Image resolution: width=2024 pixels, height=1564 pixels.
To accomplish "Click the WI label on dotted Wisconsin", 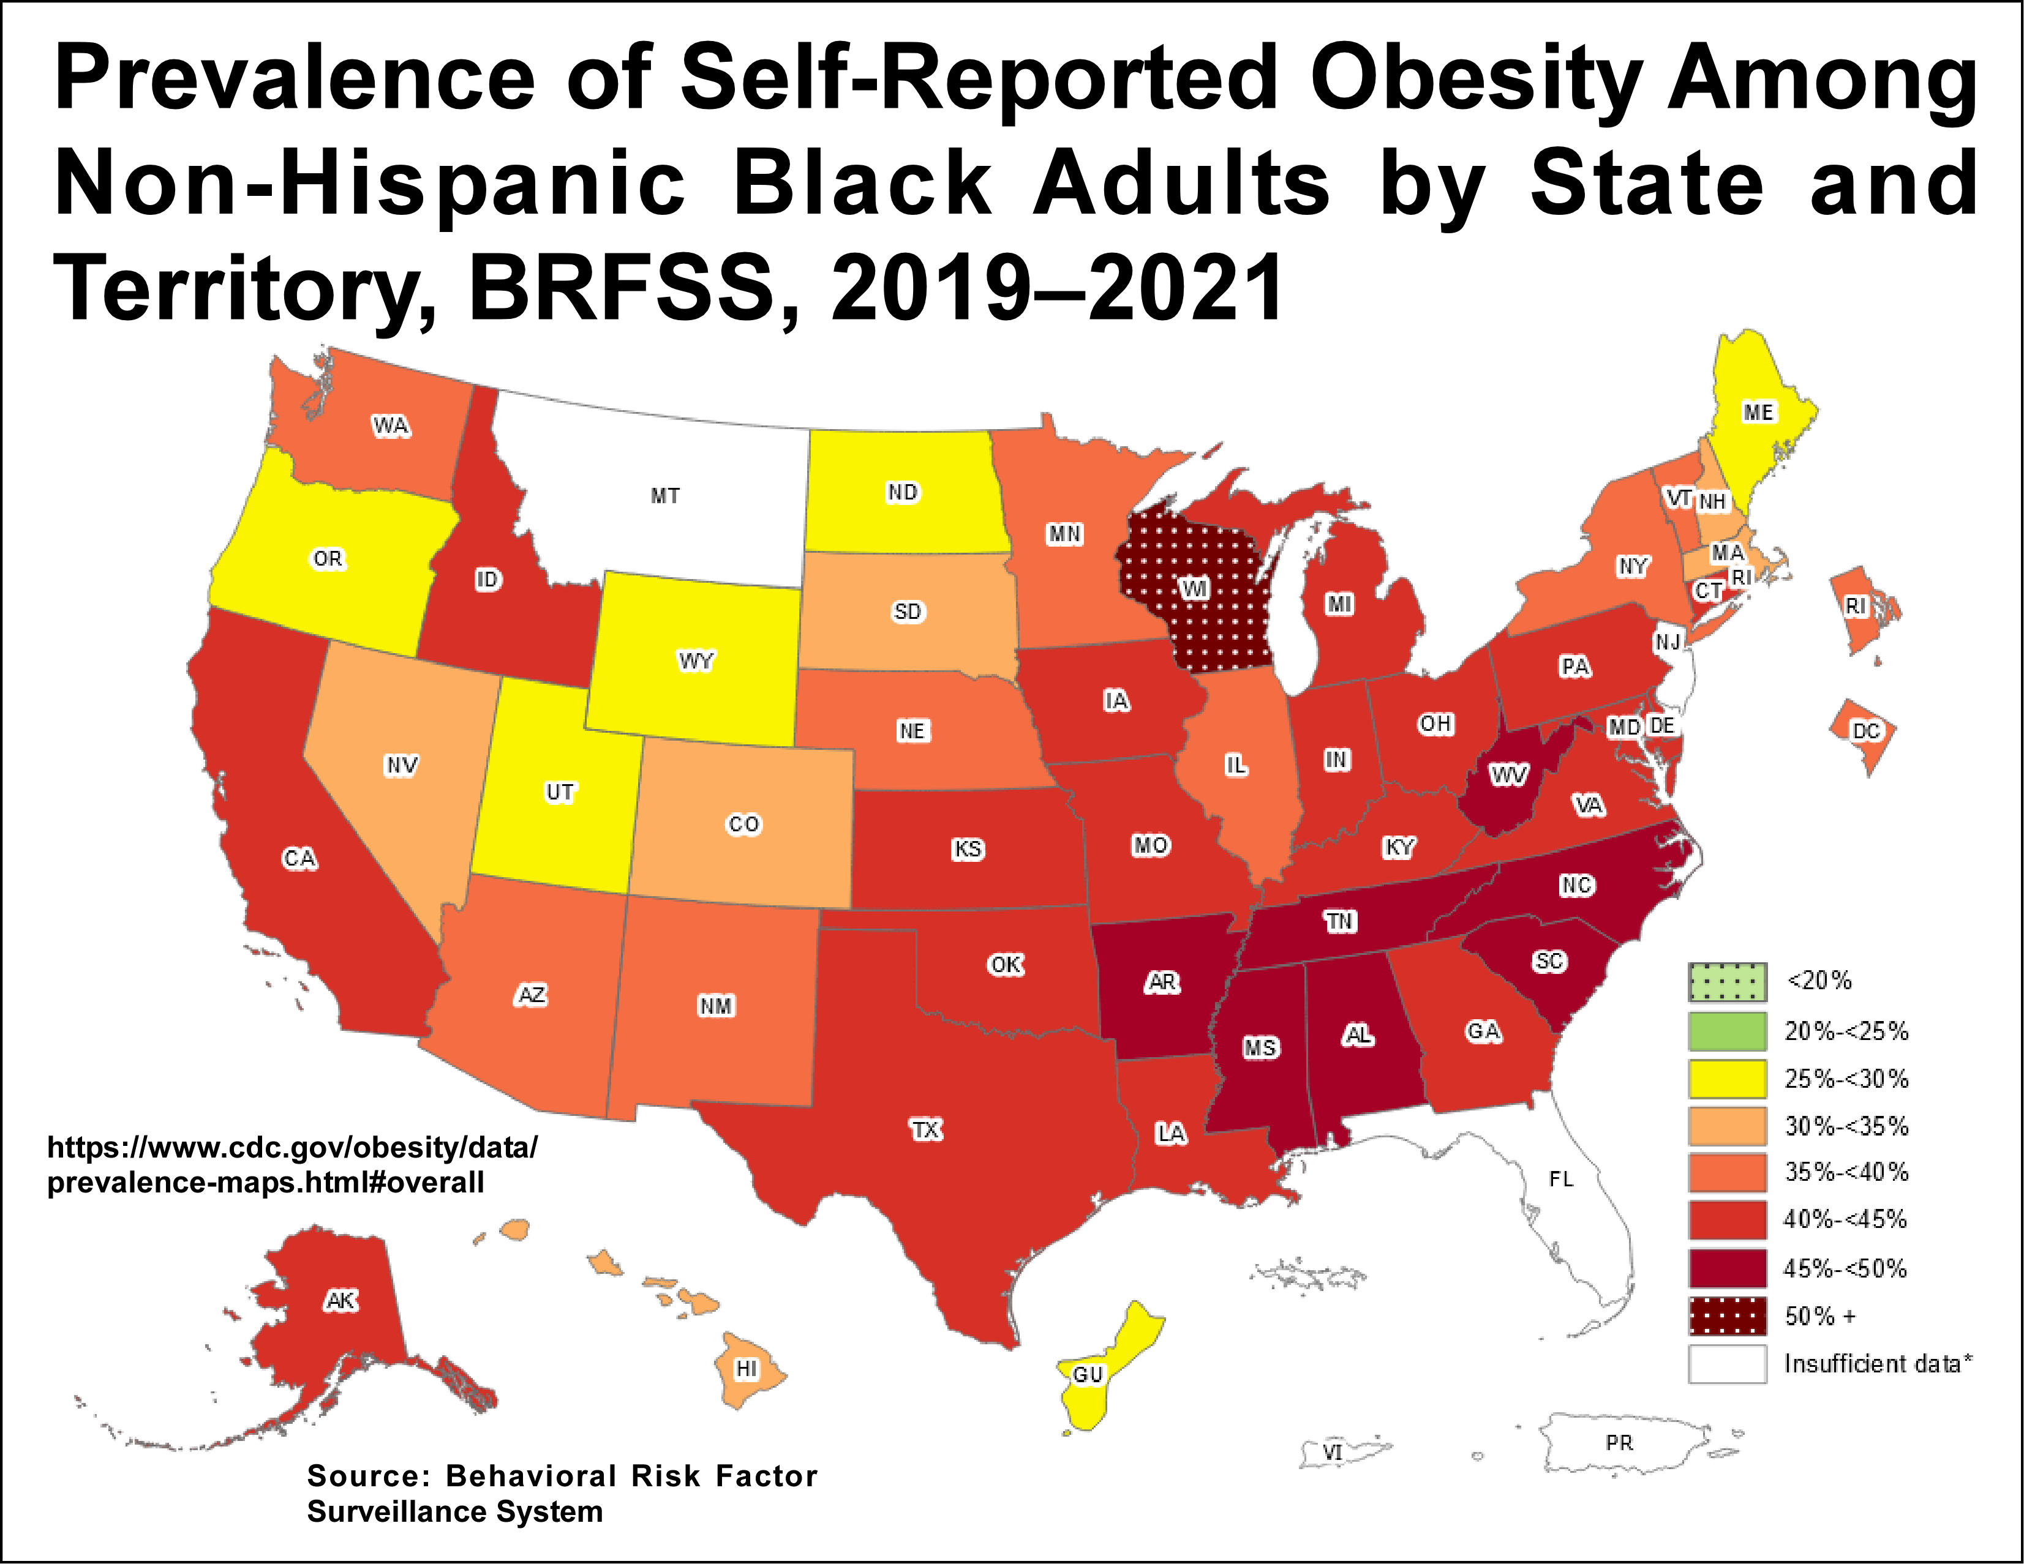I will tap(1195, 588).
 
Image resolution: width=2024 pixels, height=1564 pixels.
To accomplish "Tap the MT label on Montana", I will tap(664, 496).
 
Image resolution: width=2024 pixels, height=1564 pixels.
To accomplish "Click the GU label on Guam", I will tap(1088, 1374).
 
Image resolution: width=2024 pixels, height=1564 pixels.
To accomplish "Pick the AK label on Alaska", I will tap(340, 1301).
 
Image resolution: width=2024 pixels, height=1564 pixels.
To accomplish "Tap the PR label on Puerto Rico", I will tap(1619, 1443).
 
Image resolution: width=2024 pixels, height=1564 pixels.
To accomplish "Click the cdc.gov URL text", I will tap(292, 1165).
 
